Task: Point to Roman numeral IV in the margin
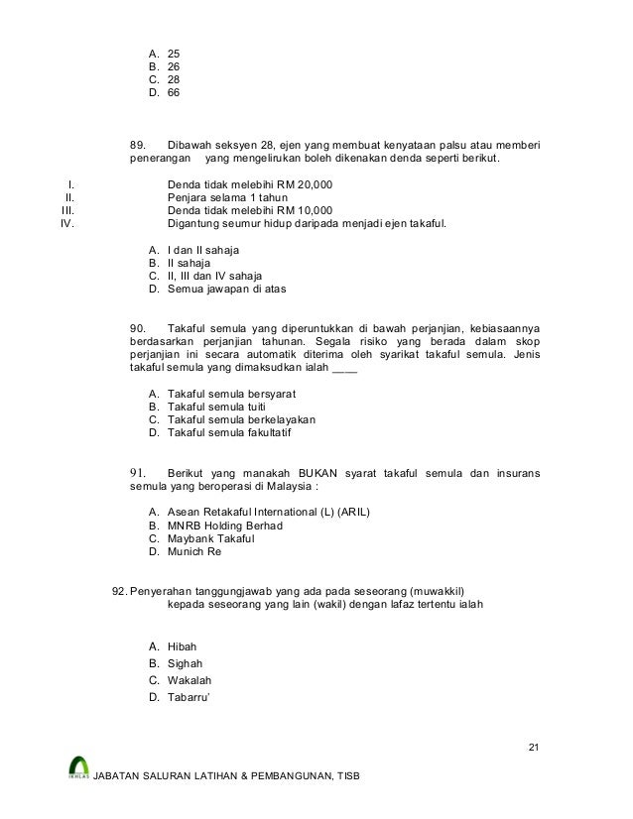pos(67,223)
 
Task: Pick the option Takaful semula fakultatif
pos(229,432)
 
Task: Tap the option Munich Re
pos(194,551)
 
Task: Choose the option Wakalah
pos(190,680)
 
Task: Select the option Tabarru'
pos(190,698)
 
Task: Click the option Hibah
pos(183,646)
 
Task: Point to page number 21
pos(535,747)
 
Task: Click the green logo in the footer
pos(79,767)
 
